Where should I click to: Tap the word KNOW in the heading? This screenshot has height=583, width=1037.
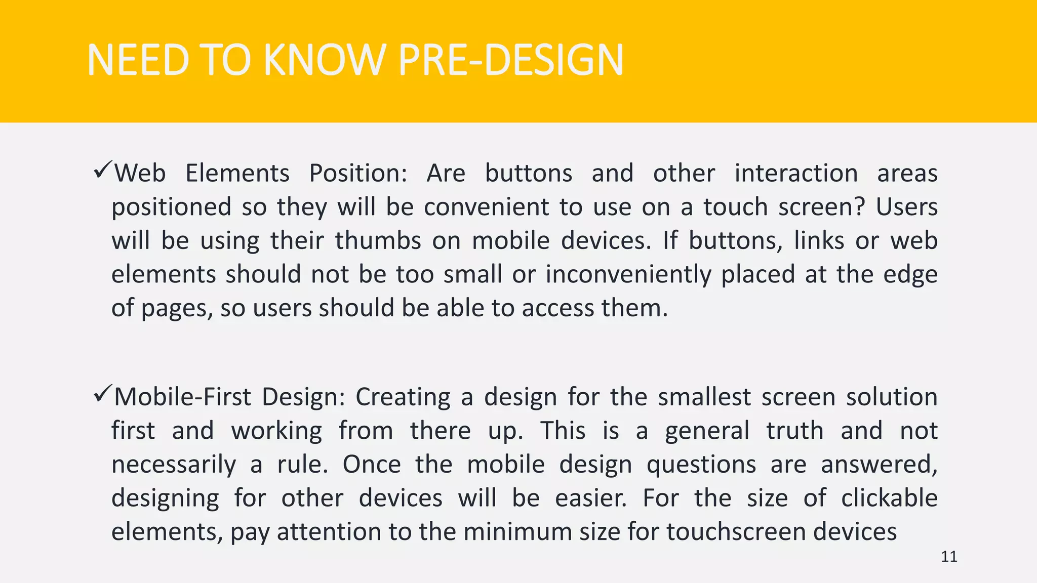[325, 60]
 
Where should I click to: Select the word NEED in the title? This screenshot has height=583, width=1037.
[137, 60]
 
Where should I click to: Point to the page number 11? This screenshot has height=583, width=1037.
[949, 557]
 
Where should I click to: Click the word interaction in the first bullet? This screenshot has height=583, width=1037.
[796, 174]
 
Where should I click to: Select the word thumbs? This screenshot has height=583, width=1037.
[378, 240]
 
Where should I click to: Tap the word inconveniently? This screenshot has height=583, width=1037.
[628, 275]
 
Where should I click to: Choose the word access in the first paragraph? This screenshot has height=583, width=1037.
[557, 308]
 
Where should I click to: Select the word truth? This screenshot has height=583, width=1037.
[794, 431]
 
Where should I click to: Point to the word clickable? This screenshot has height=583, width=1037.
[889, 498]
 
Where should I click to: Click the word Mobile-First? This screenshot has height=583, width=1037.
[182, 397]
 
